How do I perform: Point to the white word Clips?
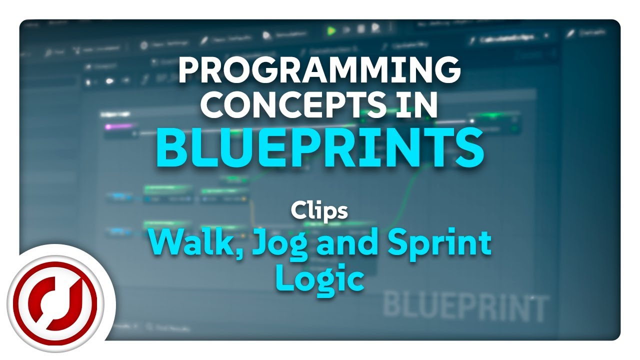(x=319, y=211)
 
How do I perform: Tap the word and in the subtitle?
(x=334, y=244)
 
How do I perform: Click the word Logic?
(x=319, y=278)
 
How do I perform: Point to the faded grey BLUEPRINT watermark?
(x=464, y=306)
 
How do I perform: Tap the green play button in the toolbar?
(x=330, y=31)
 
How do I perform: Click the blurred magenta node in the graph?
(x=118, y=126)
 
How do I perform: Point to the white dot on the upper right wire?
(x=471, y=120)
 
